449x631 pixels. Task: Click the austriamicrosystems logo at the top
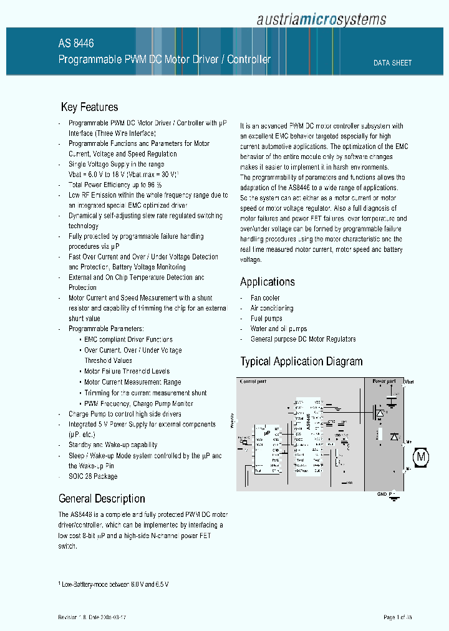point(321,20)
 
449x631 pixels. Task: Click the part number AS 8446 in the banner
point(76,44)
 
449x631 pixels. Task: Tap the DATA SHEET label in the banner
point(392,63)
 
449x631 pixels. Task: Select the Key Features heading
point(89,107)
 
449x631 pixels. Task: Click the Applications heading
point(268,282)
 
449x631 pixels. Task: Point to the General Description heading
point(102,499)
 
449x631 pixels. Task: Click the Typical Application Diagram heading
point(301,362)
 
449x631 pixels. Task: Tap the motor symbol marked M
point(422,457)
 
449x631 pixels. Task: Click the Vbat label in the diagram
point(408,381)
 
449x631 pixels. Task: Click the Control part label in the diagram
point(253,381)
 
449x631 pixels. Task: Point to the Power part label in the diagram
point(384,381)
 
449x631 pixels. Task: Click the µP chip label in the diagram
point(267,431)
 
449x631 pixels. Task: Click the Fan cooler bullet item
point(265,298)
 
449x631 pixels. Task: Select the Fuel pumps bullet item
point(266,319)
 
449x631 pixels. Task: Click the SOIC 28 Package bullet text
point(93,476)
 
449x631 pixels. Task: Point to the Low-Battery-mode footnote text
point(115,584)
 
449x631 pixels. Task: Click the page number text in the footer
point(397,617)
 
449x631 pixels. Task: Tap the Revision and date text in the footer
point(96,617)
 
